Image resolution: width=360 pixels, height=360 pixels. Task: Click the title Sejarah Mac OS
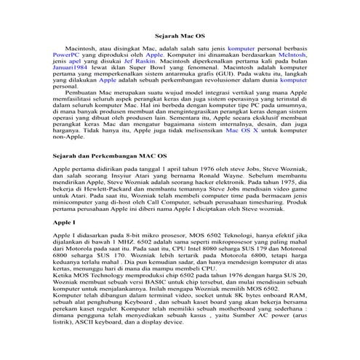180,35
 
